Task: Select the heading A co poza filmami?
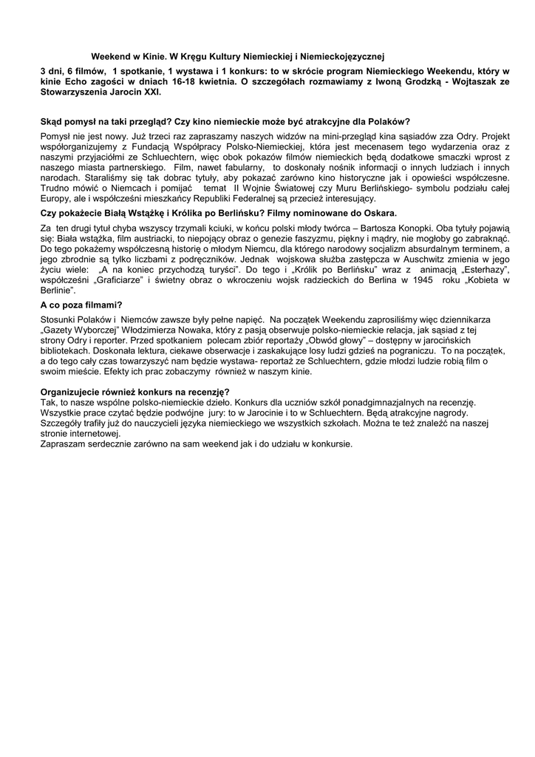coord(81,305)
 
